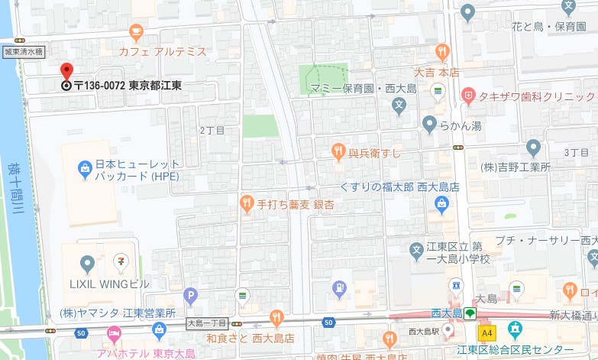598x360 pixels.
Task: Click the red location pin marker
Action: tap(66, 71)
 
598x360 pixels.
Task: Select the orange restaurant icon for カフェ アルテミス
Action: tap(137, 33)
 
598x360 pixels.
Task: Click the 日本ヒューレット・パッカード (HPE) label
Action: tap(137, 170)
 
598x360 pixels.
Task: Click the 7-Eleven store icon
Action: tap(120, 262)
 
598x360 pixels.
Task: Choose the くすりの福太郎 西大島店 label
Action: tap(400, 186)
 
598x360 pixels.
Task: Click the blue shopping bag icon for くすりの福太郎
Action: tap(441, 204)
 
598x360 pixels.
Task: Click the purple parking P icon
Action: tap(189, 295)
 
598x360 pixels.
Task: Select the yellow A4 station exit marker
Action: tap(486, 333)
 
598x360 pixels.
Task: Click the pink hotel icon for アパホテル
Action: tap(114, 333)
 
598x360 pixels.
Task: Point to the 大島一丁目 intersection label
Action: tap(208, 324)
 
